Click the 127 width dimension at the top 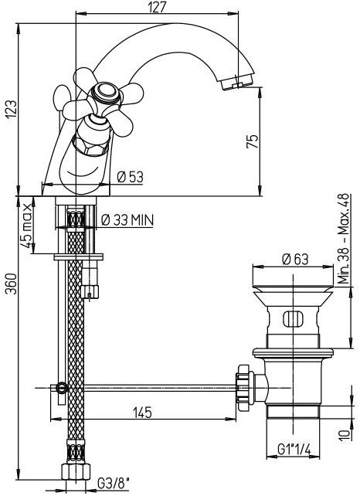pos(157,7)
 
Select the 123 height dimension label pos(11,110)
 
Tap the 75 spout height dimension pos(252,141)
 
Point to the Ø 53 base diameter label pos(130,177)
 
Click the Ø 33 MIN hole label pos(127,220)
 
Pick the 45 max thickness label pos(26,226)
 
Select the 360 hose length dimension pos(12,284)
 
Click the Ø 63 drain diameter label pos(295,260)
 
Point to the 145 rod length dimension pos(142,413)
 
